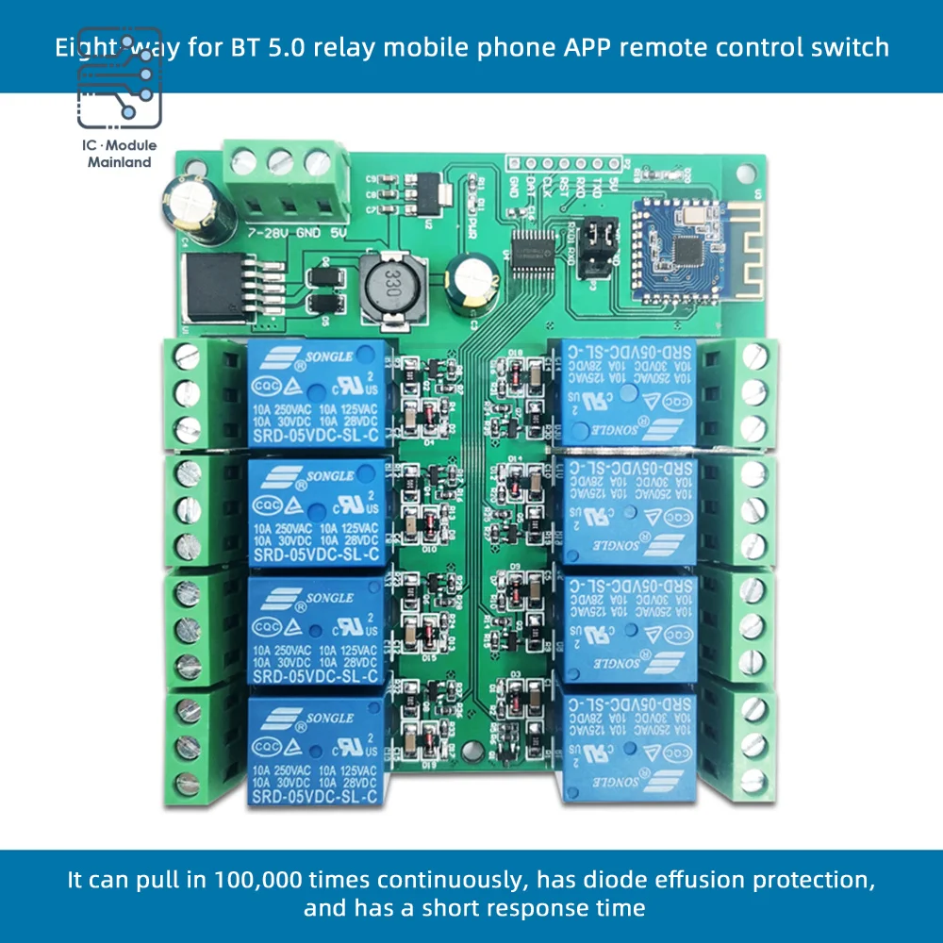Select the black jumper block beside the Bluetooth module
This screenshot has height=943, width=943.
594,247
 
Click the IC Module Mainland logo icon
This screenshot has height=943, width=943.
119,90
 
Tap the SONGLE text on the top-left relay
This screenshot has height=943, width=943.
327,356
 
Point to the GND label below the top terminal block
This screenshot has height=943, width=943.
307,230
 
